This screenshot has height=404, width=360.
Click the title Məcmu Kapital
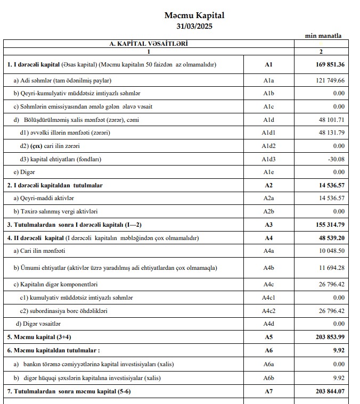[194, 15]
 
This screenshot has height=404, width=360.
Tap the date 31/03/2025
[194, 26]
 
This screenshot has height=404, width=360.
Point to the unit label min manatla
[323, 36]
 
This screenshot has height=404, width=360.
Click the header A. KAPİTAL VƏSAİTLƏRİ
[149, 43]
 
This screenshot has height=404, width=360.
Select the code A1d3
[268, 159]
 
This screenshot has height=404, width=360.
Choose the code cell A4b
[268, 267]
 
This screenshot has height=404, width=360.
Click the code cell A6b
[268, 378]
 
